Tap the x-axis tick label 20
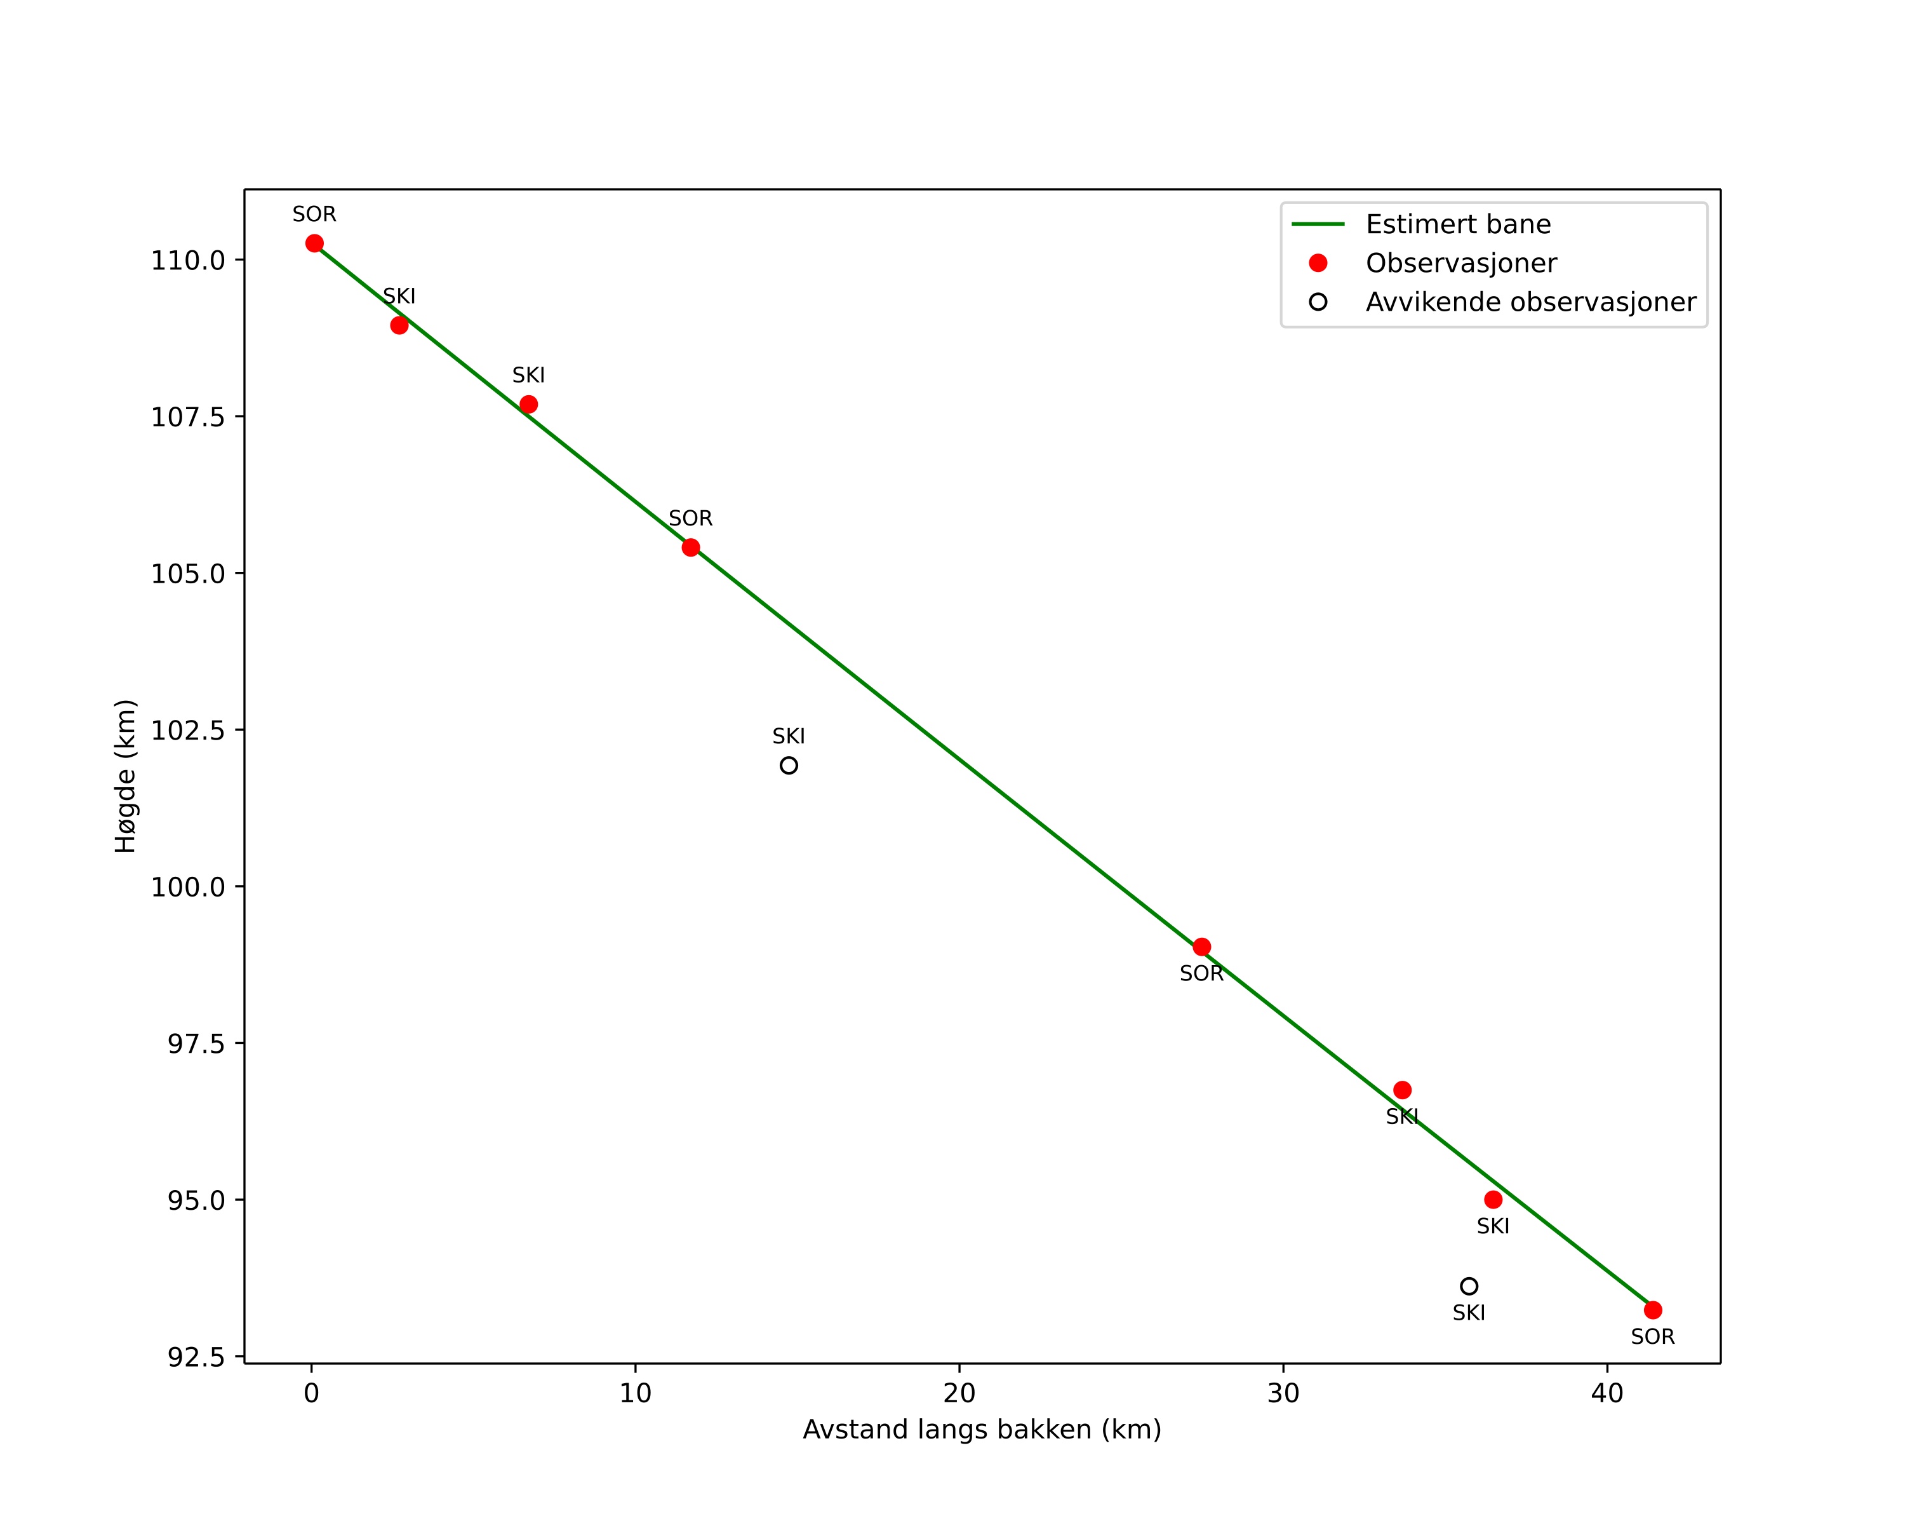(959, 1394)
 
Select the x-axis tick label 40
(1608, 1394)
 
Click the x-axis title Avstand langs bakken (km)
(982, 1430)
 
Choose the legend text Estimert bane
(1457, 224)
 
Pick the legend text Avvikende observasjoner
(1530, 302)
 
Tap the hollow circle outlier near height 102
(789, 766)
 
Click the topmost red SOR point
(315, 244)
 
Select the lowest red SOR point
(1653, 1310)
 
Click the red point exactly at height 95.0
(1493, 1200)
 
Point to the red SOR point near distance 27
(1201, 947)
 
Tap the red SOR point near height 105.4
(691, 547)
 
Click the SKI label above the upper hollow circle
(789, 736)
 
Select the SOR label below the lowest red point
(1653, 1337)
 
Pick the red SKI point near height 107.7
(528, 405)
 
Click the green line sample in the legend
(1318, 224)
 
